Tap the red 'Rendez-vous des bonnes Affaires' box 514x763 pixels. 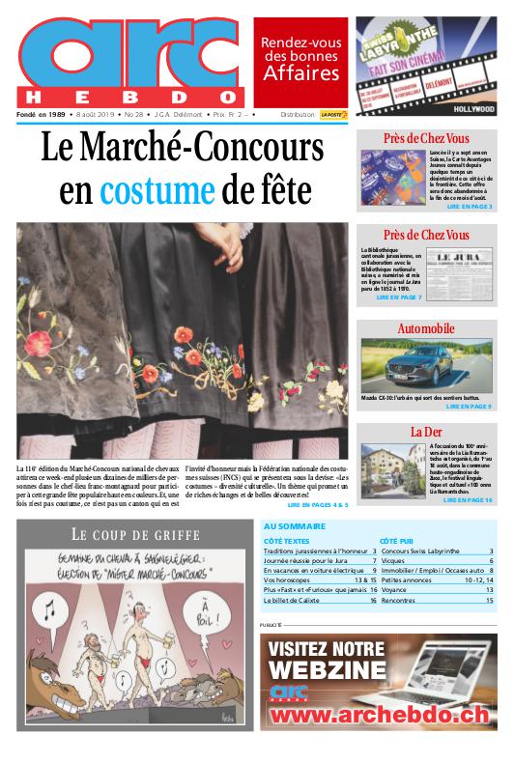point(300,61)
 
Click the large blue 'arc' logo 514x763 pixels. point(130,56)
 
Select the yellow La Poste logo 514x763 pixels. point(334,115)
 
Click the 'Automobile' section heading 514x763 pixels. point(426,329)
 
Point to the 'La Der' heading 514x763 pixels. point(426,431)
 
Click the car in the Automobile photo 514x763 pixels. point(421,366)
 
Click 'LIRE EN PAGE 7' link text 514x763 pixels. point(399,297)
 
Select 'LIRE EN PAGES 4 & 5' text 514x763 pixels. point(317,504)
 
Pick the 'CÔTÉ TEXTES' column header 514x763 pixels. point(287,541)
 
